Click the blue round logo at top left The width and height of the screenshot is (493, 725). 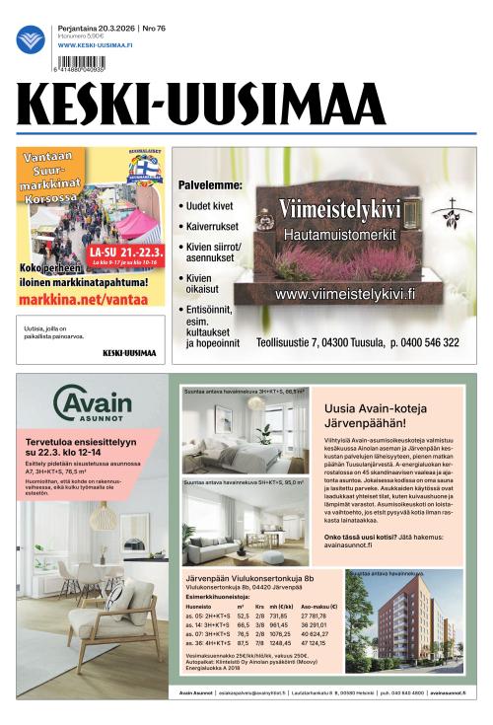pyautogui.click(x=31, y=38)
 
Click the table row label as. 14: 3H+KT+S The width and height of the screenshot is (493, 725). pyautogui.click(x=207, y=624)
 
